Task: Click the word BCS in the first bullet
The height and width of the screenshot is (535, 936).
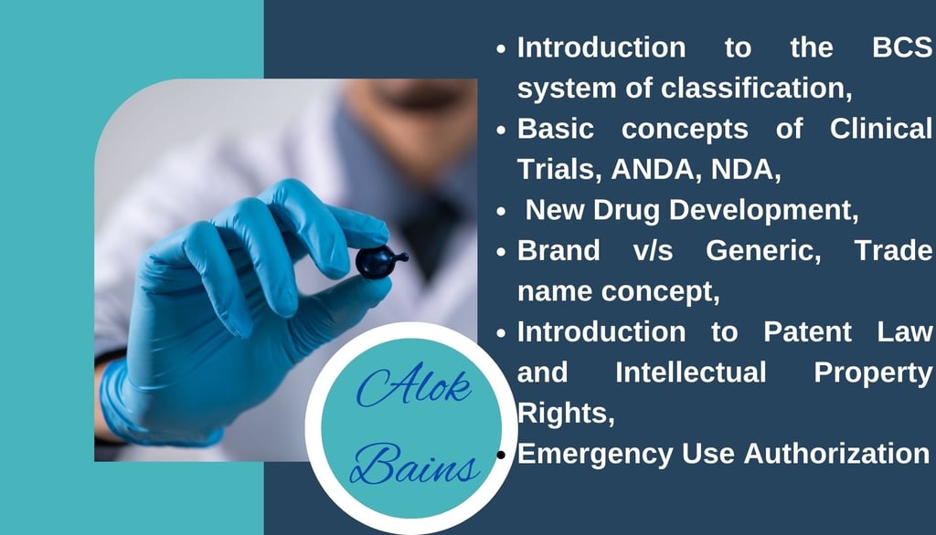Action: click(x=901, y=47)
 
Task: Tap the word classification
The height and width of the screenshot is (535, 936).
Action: click(x=756, y=89)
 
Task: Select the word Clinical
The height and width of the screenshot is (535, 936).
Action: click(x=880, y=129)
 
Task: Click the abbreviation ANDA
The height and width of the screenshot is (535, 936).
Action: click(x=656, y=170)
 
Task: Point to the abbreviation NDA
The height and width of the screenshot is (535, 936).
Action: click(x=745, y=170)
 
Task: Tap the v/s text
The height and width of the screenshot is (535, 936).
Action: click(x=653, y=250)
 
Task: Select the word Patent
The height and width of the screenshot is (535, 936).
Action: click(x=807, y=331)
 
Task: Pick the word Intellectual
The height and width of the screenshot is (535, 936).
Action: click(x=691, y=372)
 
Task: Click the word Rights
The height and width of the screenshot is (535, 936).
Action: click(x=566, y=414)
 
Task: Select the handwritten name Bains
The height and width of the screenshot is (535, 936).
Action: click(x=414, y=464)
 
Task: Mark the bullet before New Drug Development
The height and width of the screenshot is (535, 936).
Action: click(x=501, y=211)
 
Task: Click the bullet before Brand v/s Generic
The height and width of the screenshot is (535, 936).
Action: click(x=501, y=252)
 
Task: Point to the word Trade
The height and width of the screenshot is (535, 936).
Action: click(x=893, y=250)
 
